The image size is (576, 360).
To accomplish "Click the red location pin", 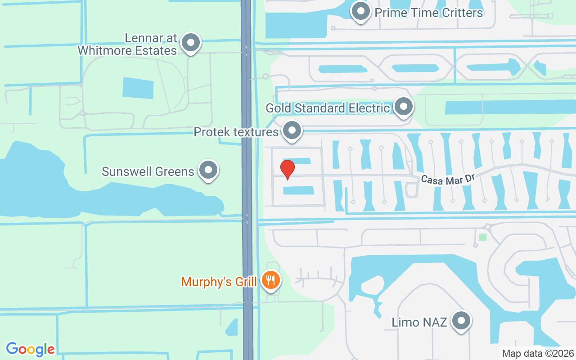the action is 287,169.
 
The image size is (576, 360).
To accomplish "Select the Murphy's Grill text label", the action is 219,282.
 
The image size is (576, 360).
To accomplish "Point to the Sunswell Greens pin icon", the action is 208,170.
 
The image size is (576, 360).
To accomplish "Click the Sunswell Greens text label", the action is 148,171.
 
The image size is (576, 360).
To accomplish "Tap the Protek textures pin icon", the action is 292,131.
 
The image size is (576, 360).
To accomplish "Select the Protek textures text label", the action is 236,132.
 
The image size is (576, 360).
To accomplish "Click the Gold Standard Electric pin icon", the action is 403,107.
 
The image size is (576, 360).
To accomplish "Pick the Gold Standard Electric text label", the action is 328,108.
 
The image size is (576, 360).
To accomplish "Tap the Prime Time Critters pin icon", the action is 360,11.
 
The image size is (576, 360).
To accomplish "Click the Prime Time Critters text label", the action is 429,13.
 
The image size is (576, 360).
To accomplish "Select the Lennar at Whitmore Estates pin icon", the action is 191,43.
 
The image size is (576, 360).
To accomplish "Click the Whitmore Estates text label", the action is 127,50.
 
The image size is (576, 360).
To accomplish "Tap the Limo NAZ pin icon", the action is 461,321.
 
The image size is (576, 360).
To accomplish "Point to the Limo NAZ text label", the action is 419,322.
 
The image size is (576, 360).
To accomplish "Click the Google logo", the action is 30,349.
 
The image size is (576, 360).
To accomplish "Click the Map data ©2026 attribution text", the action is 538,354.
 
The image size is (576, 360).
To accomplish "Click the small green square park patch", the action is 483,237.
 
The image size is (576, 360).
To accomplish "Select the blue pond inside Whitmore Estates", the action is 138,88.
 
